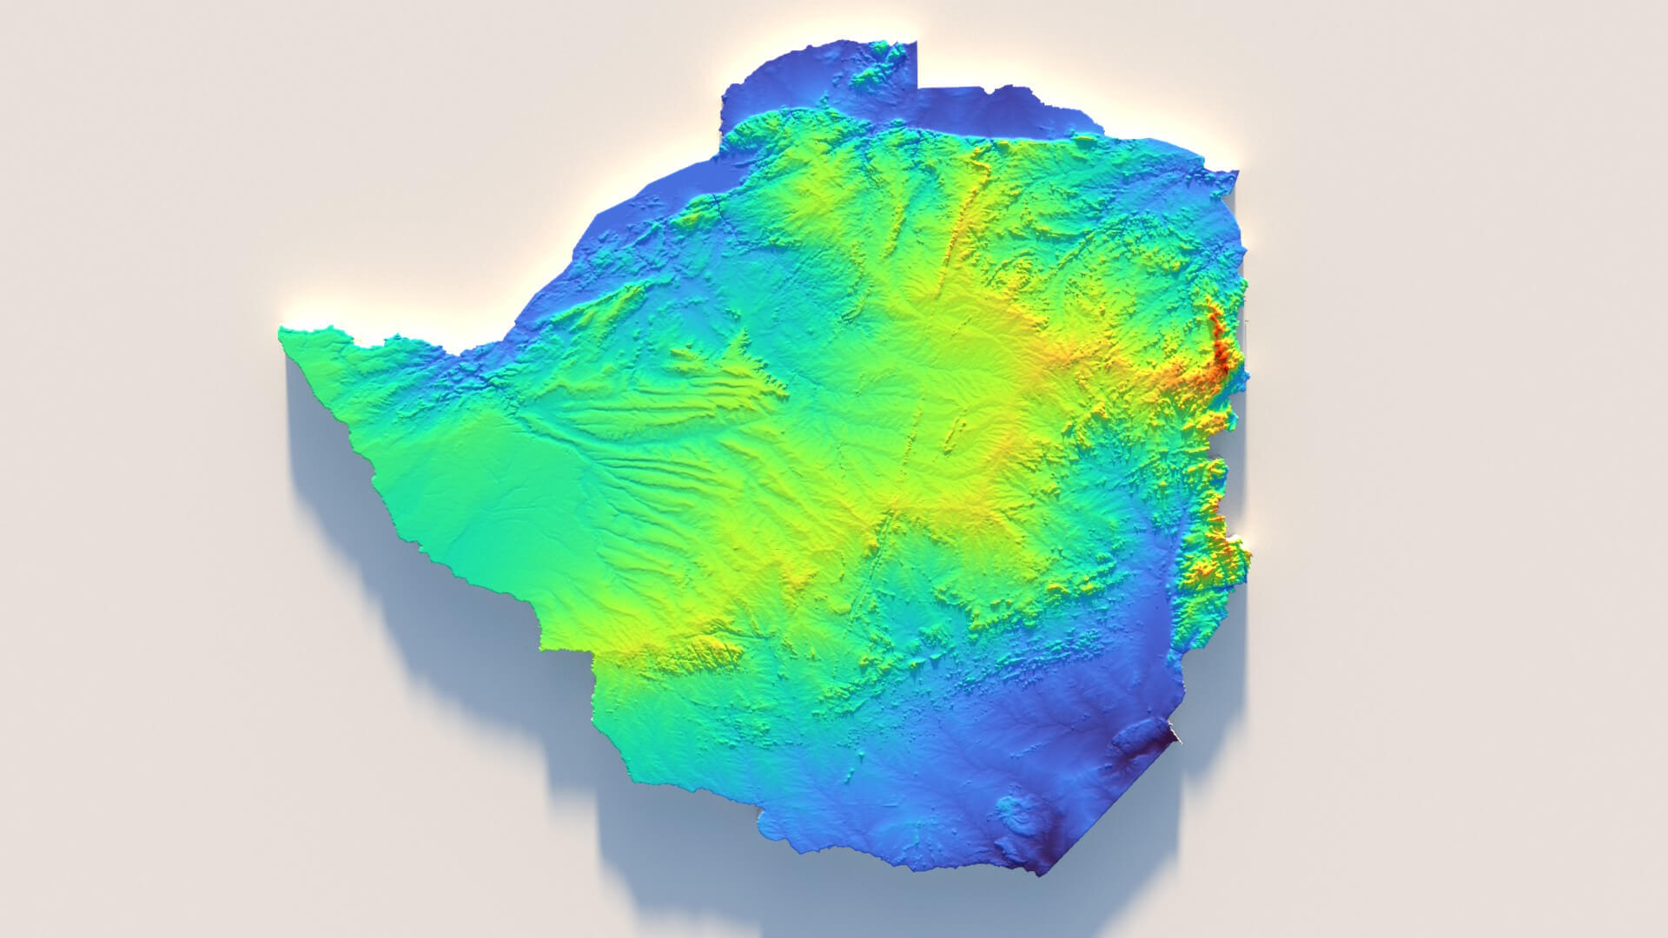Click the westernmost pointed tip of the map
281,330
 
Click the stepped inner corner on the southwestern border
591,651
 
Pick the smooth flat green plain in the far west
469,504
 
